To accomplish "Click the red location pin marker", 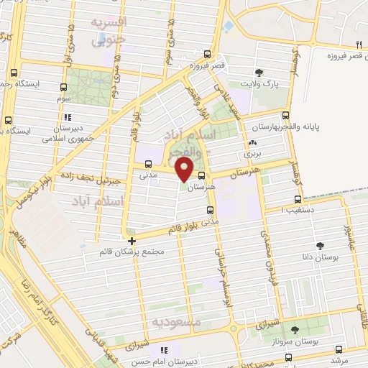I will click(x=185, y=170).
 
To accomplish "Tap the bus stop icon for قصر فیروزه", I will click(x=207, y=54).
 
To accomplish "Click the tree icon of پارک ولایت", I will click(x=259, y=72).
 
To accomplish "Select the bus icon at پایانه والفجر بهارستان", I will click(x=286, y=115).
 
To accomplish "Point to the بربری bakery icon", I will click(x=252, y=142).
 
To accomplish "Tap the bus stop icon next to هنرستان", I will click(x=201, y=175).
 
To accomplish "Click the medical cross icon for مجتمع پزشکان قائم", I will click(x=132, y=241).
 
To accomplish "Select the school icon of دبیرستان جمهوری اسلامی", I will click(x=67, y=118).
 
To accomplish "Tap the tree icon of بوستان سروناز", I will click(x=295, y=330).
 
